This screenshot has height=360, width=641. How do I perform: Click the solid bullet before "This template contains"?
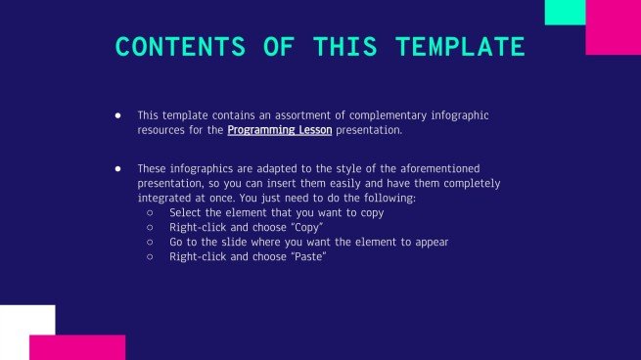117,115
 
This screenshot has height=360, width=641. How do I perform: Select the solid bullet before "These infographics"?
117,169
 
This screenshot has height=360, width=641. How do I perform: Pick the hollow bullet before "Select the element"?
150,212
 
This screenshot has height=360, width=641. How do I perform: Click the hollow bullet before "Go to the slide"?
150,242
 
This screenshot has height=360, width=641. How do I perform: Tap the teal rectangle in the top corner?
565,12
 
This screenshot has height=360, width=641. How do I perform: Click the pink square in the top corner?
613,29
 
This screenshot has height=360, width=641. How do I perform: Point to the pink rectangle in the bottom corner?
78,347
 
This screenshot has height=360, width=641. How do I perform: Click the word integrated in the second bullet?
162,198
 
